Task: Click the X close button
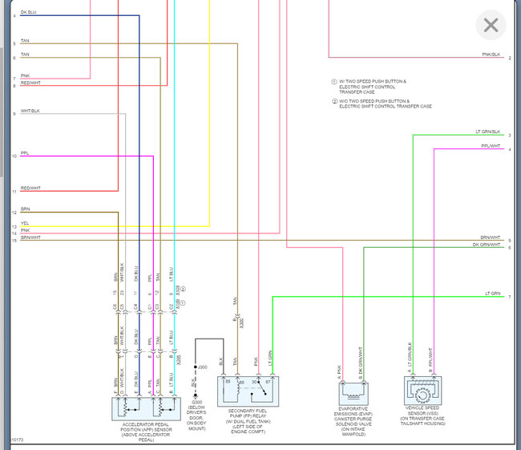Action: (x=491, y=25)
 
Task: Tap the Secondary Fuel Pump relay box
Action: (x=247, y=390)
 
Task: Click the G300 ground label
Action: (x=196, y=401)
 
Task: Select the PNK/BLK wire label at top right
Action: (x=491, y=54)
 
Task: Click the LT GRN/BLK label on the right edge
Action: (x=488, y=132)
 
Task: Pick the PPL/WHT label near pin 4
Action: (x=491, y=145)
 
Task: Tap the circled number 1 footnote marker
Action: (x=334, y=82)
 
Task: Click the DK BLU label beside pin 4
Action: (x=27, y=12)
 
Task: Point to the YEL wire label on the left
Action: (x=25, y=224)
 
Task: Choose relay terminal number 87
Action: (x=269, y=382)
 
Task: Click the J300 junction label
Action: (x=203, y=367)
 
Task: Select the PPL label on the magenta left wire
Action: (x=25, y=152)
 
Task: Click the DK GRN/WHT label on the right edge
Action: (x=486, y=244)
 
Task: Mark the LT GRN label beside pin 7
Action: (x=492, y=294)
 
